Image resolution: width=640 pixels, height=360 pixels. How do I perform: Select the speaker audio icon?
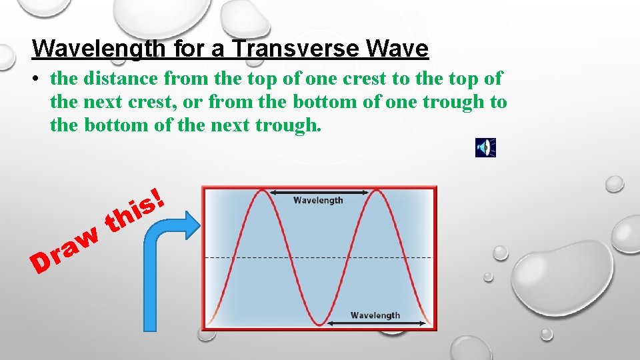pos(485,147)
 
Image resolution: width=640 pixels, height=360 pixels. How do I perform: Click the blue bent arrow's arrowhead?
pos(192,225)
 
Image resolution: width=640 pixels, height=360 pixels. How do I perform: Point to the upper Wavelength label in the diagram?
pos(318,200)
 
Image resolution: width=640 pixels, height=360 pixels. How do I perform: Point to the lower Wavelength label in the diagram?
pos(375,315)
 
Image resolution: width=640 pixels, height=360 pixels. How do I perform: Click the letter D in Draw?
pos(41,264)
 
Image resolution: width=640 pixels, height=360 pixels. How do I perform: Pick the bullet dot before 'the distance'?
pos(40,79)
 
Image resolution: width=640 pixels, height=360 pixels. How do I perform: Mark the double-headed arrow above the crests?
pos(319,192)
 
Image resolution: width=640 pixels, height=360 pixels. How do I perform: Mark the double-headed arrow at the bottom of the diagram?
pos(376,324)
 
